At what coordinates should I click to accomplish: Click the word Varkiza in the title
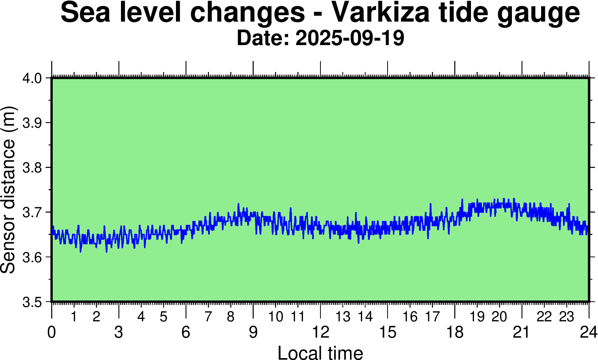click(381, 13)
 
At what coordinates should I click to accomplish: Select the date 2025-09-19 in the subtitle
click(350, 38)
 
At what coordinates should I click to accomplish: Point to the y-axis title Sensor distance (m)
click(8, 189)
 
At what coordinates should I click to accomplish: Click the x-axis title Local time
click(320, 352)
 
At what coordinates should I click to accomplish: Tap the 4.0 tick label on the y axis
click(32, 78)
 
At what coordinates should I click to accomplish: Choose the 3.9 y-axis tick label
click(32, 123)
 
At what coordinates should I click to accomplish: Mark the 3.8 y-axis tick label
click(32, 168)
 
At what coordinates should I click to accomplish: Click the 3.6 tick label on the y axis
click(32, 257)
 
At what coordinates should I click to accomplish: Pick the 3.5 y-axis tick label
click(32, 302)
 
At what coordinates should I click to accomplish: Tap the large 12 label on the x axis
click(320, 332)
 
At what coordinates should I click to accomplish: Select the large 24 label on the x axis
click(589, 332)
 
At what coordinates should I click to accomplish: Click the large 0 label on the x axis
click(52, 332)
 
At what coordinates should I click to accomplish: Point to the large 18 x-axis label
click(455, 332)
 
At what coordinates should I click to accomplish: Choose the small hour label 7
click(208, 317)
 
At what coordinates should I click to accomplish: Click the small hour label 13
click(343, 317)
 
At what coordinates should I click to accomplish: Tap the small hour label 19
click(477, 317)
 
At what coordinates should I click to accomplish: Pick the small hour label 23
click(567, 317)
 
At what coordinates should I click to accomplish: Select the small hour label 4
click(141, 317)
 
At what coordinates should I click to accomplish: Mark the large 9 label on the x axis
click(253, 332)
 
